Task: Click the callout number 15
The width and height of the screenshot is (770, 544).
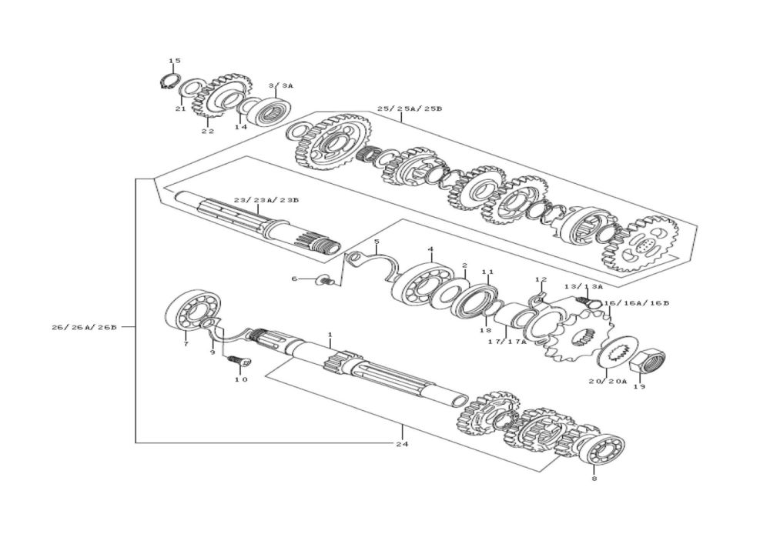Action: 175,61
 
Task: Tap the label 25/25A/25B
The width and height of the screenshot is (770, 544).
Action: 409,108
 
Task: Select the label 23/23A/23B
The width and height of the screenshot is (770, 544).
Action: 266,200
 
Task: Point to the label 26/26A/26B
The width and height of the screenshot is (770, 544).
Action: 84,327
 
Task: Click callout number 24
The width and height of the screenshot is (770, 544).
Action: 401,444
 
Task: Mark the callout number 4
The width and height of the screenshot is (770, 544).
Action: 431,249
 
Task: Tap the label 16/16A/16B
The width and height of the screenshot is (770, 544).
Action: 636,303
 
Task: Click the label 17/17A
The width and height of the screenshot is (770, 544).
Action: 507,342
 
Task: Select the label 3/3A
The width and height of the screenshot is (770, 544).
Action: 281,86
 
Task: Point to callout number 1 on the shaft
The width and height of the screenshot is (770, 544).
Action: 330,335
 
